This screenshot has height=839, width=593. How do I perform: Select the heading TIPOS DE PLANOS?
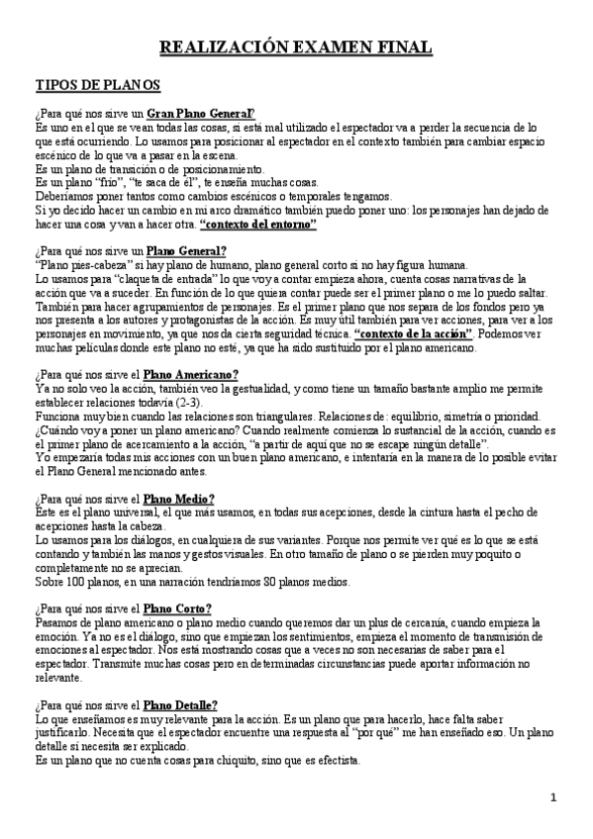(92, 87)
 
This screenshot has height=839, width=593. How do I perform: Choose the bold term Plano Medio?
(178, 499)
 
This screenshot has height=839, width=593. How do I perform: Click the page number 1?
(554, 797)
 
